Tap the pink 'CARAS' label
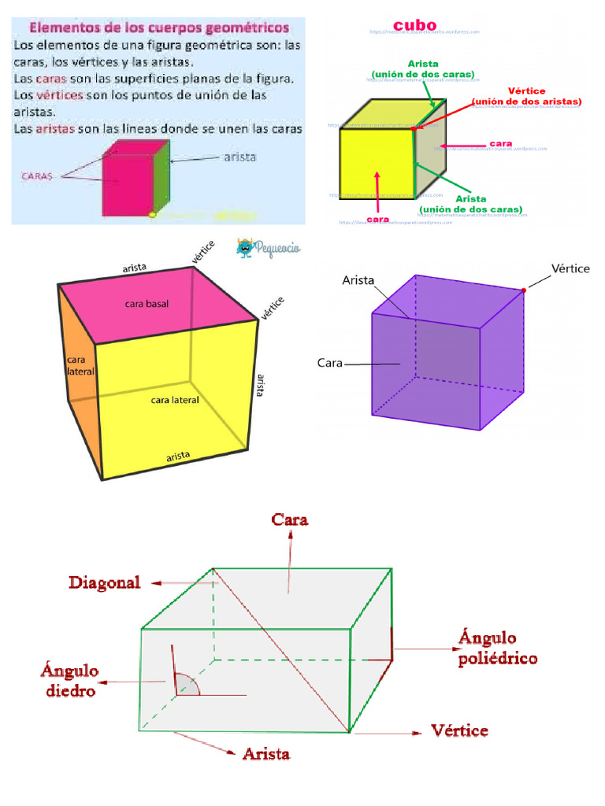[x=35, y=176]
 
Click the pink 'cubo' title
[x=414, y=24]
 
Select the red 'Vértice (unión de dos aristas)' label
[x=527, y=97]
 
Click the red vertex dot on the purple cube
[x=524, y=290]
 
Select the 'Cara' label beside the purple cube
[x=329, y=364]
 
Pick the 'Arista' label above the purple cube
[x=358, y=279]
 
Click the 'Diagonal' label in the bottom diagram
[x=105, y=583]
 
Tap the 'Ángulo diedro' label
[x=69, y=681]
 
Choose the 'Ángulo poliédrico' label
[x=498, y=647]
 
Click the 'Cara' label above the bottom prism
[x=289, y=519]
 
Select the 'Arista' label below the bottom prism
[x=266, y=754]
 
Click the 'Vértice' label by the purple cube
[x=570, y=268]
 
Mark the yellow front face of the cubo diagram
[x=377, y=163]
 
